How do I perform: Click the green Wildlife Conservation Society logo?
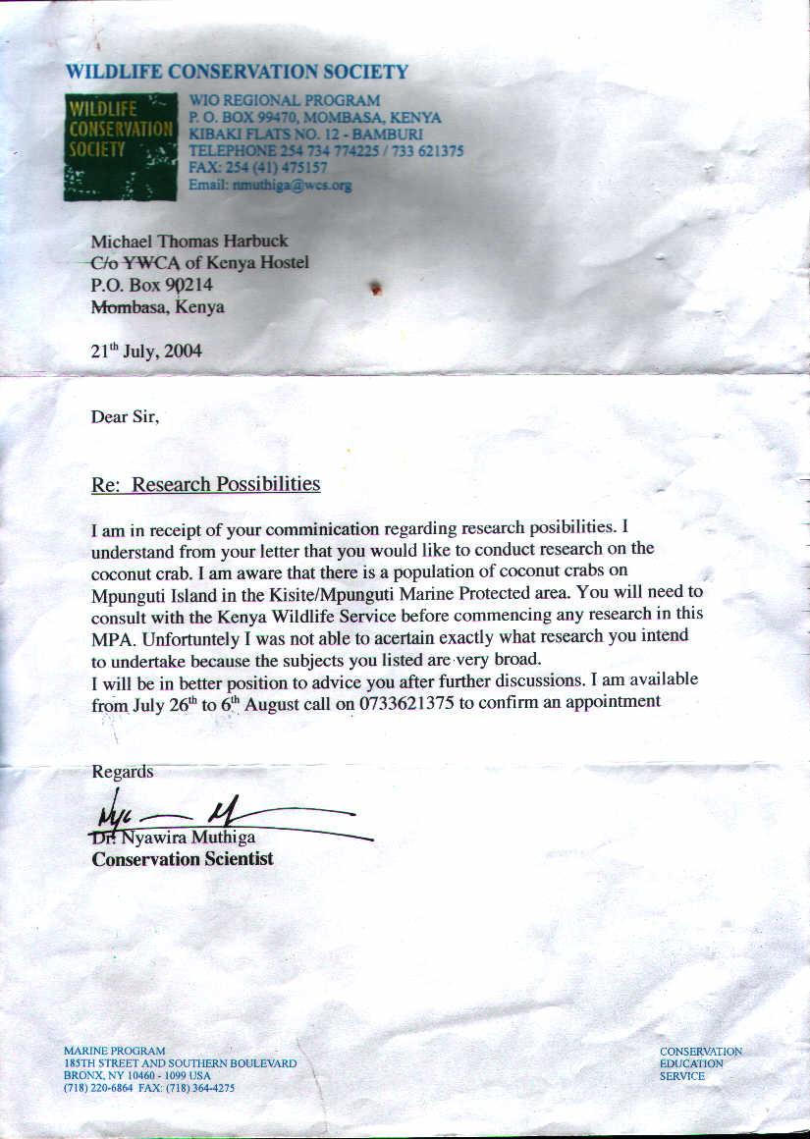(120, 146)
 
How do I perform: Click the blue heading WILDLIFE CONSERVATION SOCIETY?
(237, 72)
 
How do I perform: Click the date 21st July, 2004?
(146, 351)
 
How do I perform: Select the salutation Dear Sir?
(125, 416)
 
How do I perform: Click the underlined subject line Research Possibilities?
(226, 484)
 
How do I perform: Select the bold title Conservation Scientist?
(183, 859)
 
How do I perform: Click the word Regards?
(123, 772)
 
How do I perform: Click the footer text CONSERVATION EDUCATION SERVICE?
(700, 1063)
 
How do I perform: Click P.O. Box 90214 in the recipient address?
(151, 285)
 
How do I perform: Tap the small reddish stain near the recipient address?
(375, 289)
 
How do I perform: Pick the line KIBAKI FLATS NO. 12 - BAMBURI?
(305, 135)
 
